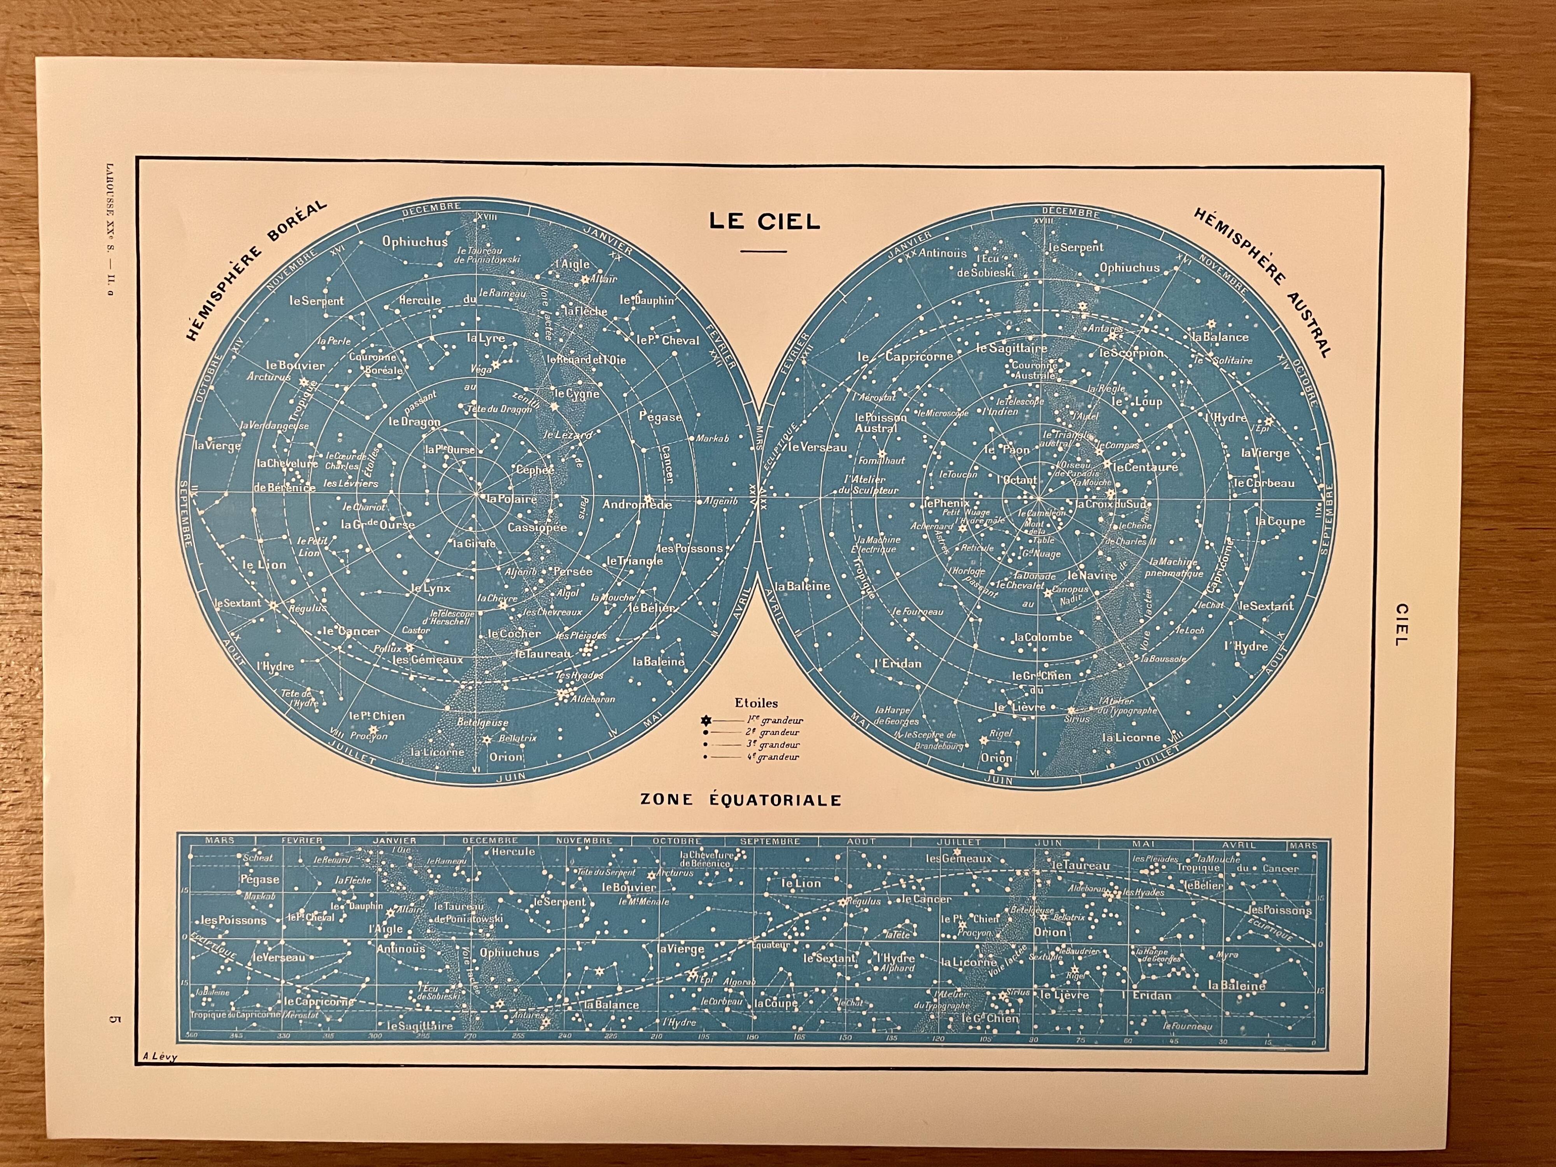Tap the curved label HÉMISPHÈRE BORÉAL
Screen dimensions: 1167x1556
[257, 270]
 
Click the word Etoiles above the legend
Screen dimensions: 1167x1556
[756, 702]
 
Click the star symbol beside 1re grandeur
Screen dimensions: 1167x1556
[706, 720]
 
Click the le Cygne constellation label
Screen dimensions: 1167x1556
[577, 394]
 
